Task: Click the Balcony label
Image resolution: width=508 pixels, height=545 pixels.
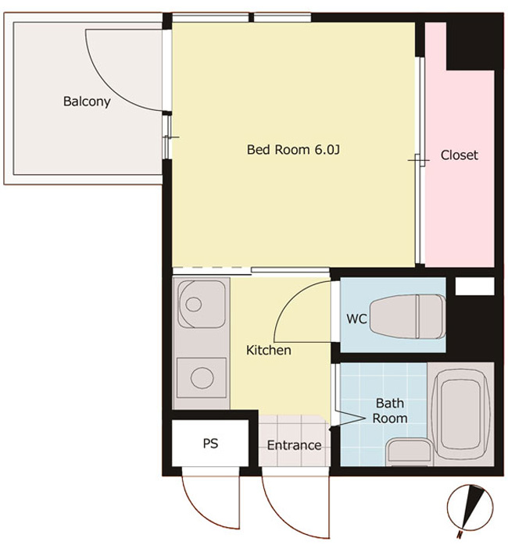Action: coord(87,102)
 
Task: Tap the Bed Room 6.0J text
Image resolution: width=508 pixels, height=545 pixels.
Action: coord(293,149)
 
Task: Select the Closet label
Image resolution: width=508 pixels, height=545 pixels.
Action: coord(460,155)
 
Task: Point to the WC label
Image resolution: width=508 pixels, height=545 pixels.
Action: coord(356,319)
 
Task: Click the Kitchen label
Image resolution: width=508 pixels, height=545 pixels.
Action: coord(269,350)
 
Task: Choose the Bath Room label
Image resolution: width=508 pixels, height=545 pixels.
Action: coord(390,411)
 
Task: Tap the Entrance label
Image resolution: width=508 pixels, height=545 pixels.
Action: coord(294,445)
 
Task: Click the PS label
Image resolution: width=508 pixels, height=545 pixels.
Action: coord(210,443)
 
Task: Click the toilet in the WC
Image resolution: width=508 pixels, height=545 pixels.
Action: coord(407,317)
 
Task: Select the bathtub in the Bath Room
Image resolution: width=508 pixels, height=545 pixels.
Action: coord(460,415)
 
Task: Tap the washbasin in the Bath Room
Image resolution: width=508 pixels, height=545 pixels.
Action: coord(410,452)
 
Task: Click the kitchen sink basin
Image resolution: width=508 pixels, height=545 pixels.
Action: coord(202,305)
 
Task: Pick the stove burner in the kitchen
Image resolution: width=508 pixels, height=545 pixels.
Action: coord(202,378)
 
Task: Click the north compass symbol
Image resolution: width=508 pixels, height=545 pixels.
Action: coord(470,508)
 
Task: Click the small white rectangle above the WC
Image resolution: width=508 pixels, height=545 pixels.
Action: coord(474,286)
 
